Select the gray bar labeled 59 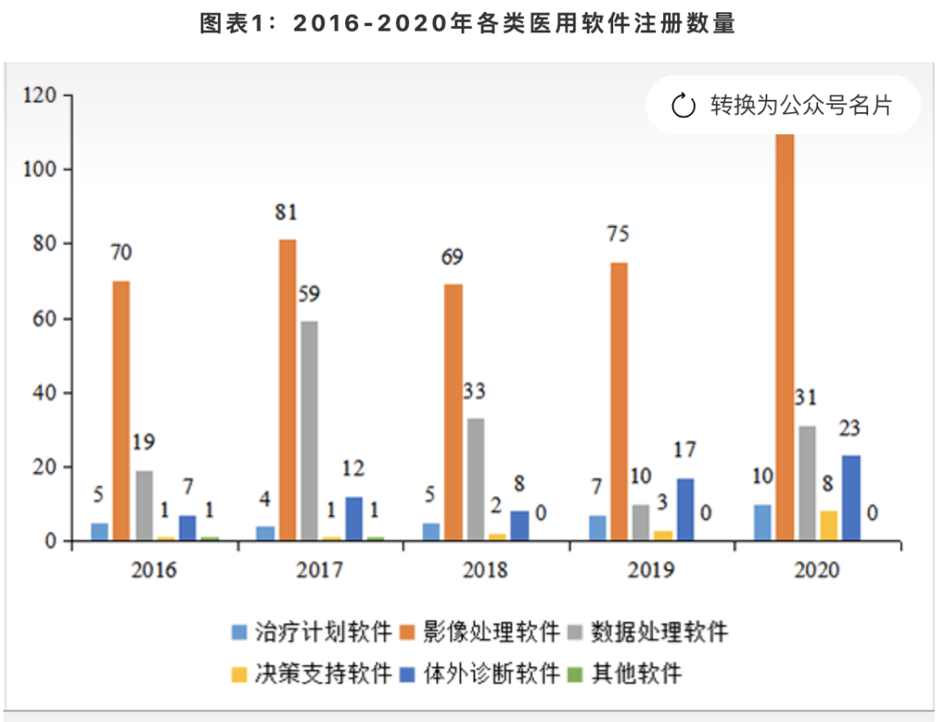pos(308,430)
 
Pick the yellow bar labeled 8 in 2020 pos(829,525)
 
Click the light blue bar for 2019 pos(597,528)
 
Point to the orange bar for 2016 pos(122,410)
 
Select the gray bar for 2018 pos(474,479)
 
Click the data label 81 pos(286,213)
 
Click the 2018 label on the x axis pos(485,571)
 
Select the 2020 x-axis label pos(816,571)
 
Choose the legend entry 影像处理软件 pos(491,631)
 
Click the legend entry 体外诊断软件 pos(491,673)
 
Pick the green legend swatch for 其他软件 pos(575,674)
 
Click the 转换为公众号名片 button pos(782,106)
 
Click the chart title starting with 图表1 pos(469,25)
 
